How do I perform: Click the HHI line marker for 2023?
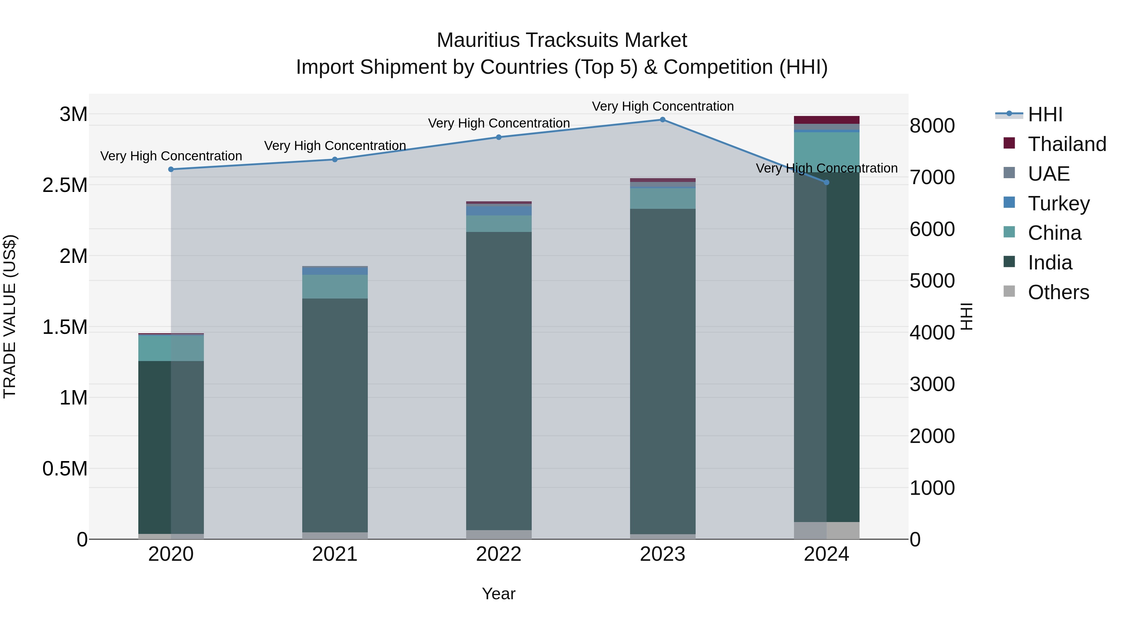coord(662,120)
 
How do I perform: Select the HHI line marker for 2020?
coord(171,169)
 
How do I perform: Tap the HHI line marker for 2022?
coord(499,137)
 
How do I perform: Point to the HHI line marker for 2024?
coord(826,183)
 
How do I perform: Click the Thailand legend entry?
coord(1067,144)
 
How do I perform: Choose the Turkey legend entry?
coord(1058,203)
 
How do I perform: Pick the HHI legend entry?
coord(1045,114)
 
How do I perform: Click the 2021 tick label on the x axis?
coord(335,554)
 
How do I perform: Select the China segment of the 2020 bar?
coord(171,348)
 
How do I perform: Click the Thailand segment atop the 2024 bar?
coord(826,120)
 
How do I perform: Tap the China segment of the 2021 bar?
coord(335,287)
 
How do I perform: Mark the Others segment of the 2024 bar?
coord(826,530)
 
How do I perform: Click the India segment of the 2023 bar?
coord(662,371)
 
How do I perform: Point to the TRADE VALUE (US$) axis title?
coord(10,316)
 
